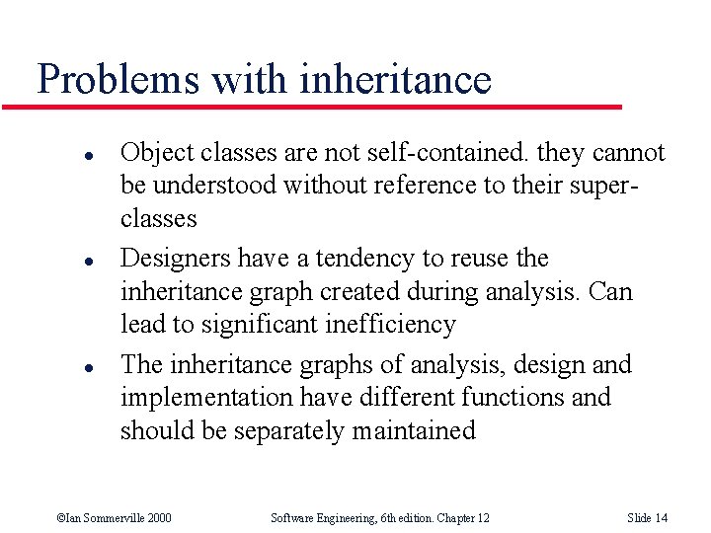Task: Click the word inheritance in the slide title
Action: tap(401, 79)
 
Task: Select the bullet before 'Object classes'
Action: tap(61, 155)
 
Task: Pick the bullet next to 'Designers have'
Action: tap(61, 261)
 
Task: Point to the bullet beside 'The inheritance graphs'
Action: tap(61, 367)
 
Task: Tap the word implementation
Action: tap(206, 398)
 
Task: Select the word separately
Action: tap(281, 431)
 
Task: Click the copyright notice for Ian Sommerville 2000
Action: tap(114, 517)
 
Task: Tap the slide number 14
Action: tap(647, 517)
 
